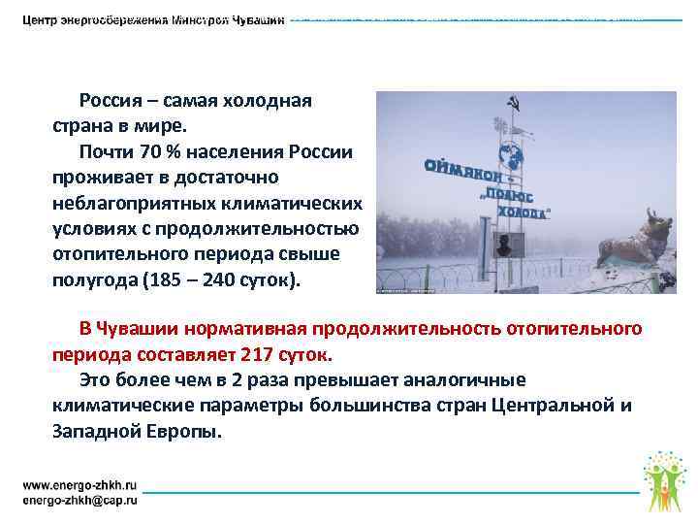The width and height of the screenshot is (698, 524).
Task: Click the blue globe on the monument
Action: [511, 154]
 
